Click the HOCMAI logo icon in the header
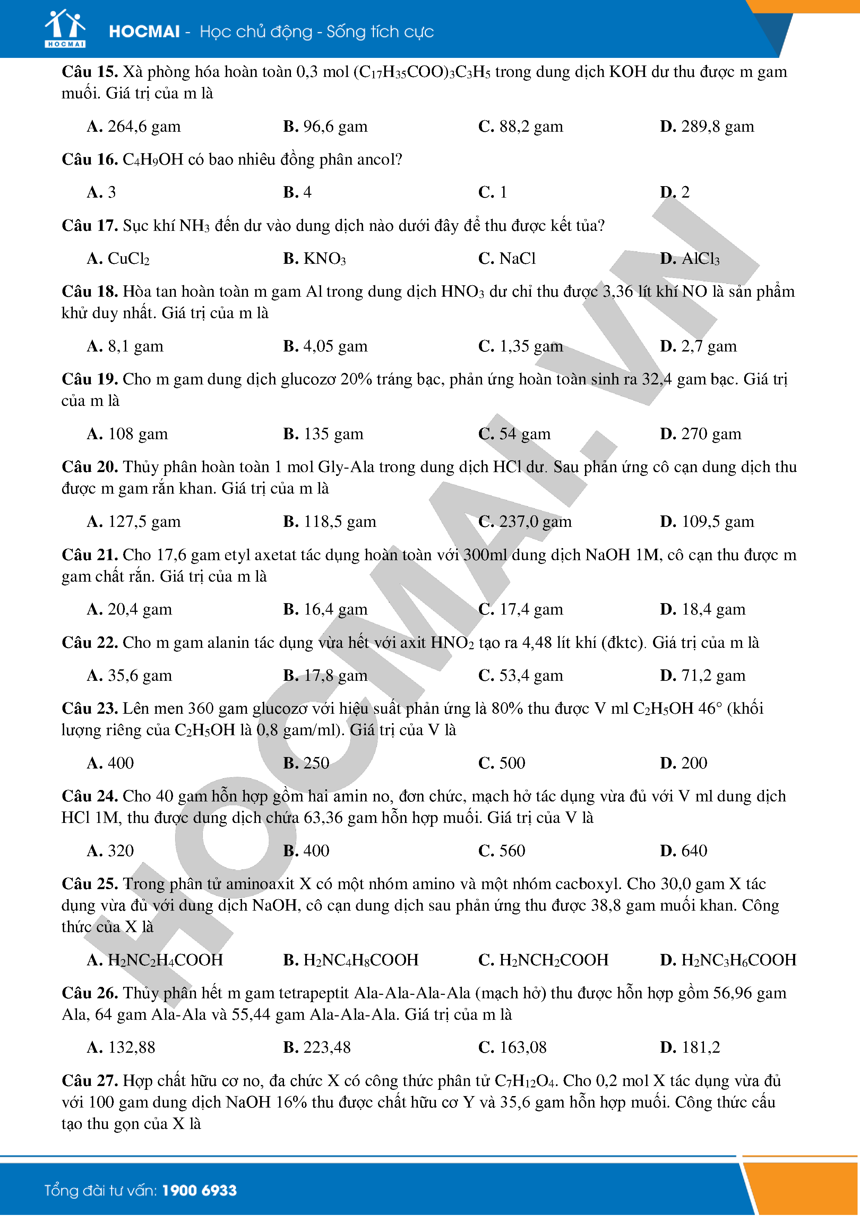coord(64,29)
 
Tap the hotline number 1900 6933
coord(199,1191)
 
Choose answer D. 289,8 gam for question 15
coord(707,127)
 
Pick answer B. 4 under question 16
coord(297,192)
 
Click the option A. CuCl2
coord(118,259)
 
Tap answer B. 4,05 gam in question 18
coord(325,346)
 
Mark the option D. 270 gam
coord(700,434)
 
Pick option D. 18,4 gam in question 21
coord(703,610)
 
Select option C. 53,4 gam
coord(521,676)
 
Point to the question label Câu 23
coord(89,709)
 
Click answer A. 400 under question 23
coord(111,763)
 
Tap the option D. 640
coord(683,851)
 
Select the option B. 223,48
coord(317,1048)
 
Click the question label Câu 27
coord(89,1081)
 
